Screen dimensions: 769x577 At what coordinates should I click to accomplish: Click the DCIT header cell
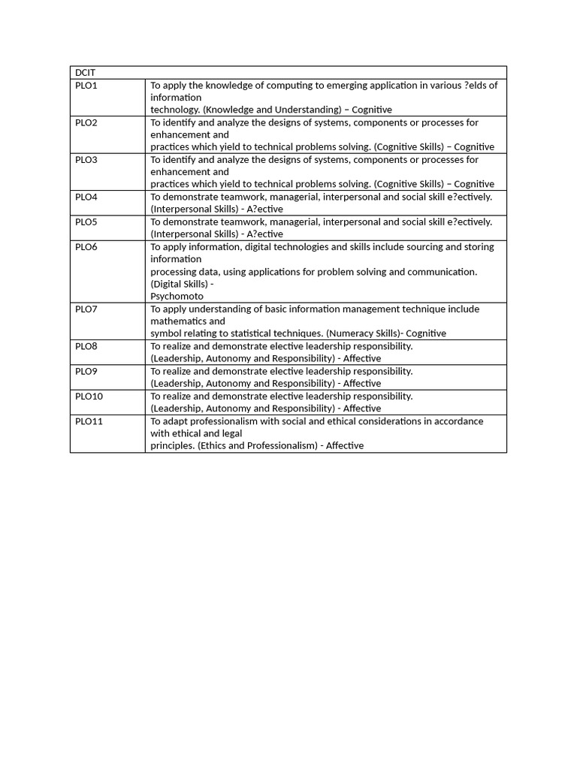pyautogui.click(x=86, y=73)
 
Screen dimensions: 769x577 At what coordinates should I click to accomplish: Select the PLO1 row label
pyautogui.click(x=86, y=86)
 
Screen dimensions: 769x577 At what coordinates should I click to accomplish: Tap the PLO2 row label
pyautogui.click(x=86, y=122)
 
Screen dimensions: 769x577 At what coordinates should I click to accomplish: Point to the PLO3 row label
pyautogui.click(x=86, y=159)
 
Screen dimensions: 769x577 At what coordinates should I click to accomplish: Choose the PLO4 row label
pyautogui.click(x=86, y=197)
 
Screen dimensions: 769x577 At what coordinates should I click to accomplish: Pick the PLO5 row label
pyautogui.click(x=86, y=222)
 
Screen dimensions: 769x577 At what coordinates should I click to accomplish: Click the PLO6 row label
pyautogui.click(x=86, y=246)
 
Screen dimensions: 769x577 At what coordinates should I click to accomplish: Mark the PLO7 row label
pyautogui.click(x=86, y=309)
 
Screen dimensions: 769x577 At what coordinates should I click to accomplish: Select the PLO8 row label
pyautogui.click(x=86, y=346)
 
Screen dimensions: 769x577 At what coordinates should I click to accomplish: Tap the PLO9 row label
pyautogui.click(x=86, y=371)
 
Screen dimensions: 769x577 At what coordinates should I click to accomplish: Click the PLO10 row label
pyautogui.click(x=89, y=396)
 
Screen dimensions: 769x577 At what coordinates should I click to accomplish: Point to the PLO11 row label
pyautogui.click(x=89, y=421)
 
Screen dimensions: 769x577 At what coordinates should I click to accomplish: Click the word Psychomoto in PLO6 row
pyautogui.click(x=177, y=296)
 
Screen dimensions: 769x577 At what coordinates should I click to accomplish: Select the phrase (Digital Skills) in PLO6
pyautogui.click(x=179, y=284)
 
